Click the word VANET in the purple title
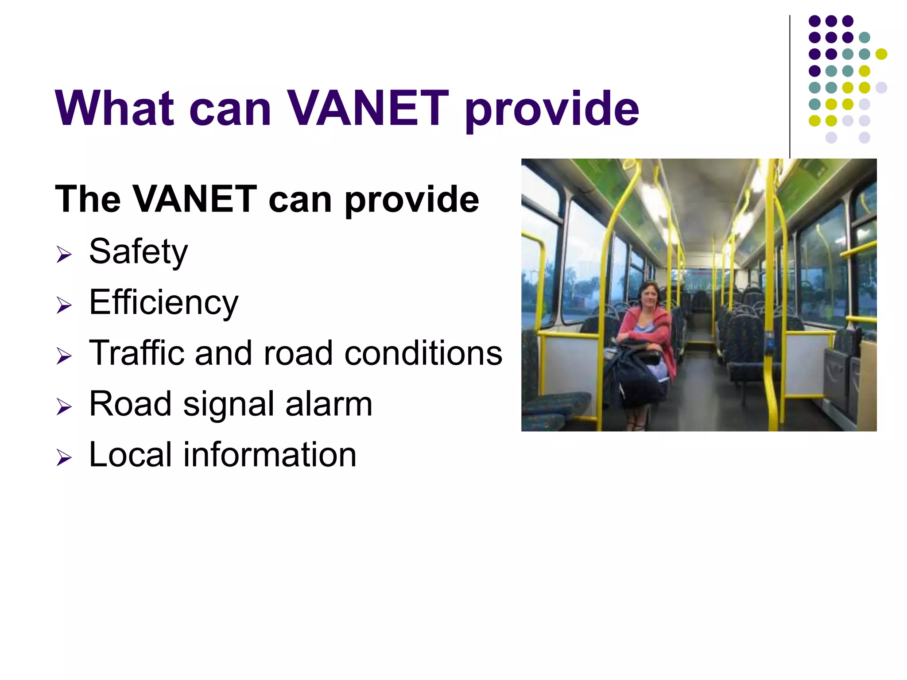(x=368, y=108)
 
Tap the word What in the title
(x=115, y=108)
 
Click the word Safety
(x=138, y=251)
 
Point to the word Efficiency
(x=163, y=302)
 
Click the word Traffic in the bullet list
(x=136, y=353)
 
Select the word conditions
(x=423, y=353)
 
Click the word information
(x=270, y=455)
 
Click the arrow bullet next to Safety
(x=64, y=255)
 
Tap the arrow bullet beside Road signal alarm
(x=64, y=407)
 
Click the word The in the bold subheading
(x=88, y=199)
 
